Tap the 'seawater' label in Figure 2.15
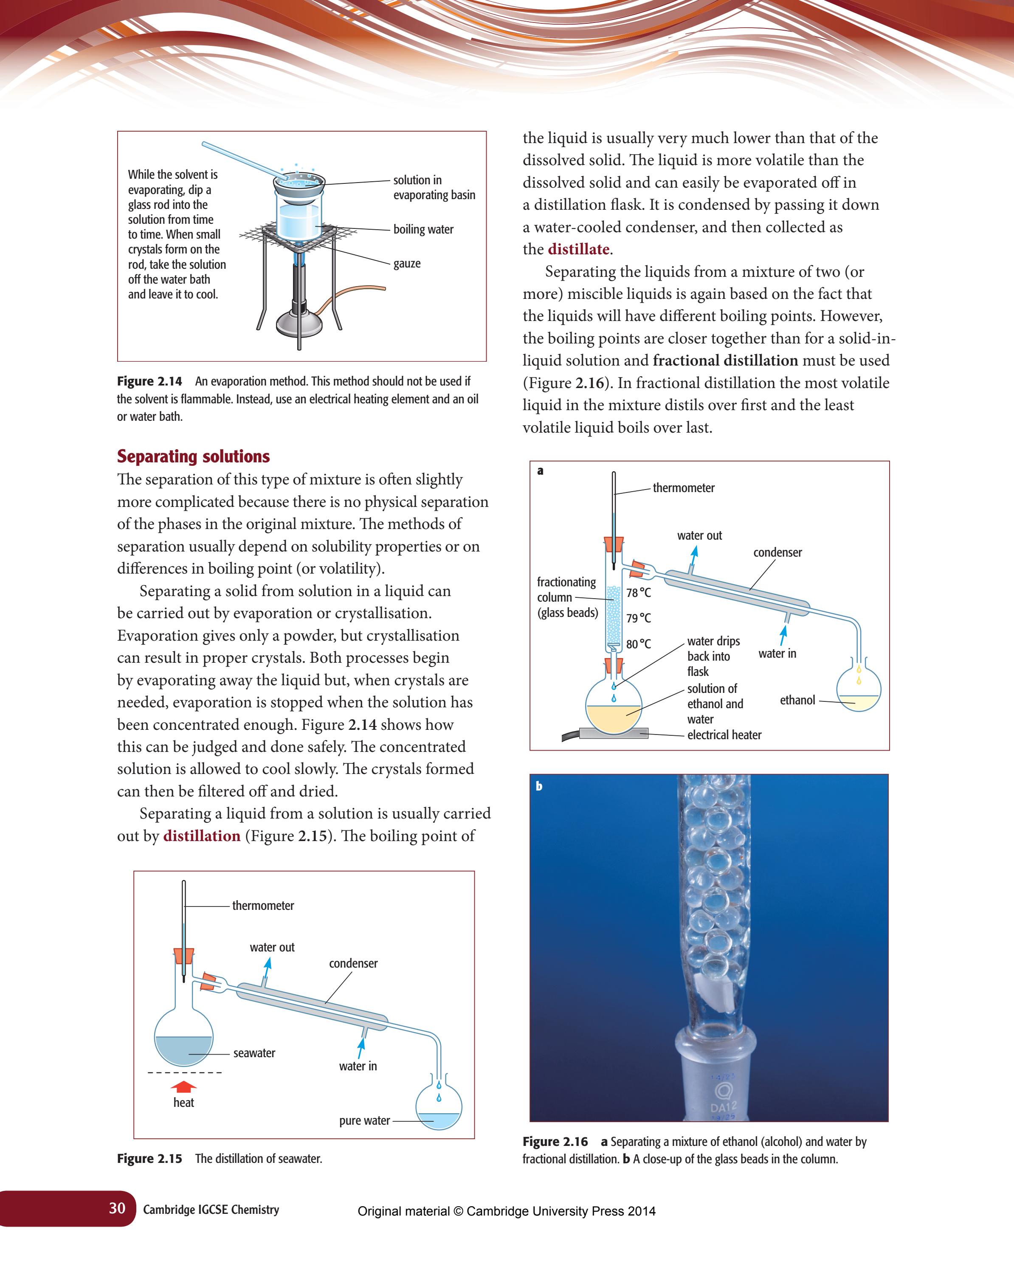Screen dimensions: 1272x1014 [x=254, y=1053]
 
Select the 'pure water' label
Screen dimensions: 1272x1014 [x=364, y=1120]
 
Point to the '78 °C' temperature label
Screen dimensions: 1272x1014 [x=639, y=592]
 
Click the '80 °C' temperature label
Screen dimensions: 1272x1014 [x=639, y=644]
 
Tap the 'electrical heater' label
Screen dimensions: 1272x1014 [x=724, y=734]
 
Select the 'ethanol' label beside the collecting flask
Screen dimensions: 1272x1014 [x=797, y=700]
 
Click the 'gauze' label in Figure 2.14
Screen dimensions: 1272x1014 [x=407, y=263]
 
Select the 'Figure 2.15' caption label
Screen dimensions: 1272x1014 [x=149, y=1158]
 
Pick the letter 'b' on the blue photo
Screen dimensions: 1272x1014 [x=539, y=786]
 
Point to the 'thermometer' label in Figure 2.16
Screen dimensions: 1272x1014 [x=684, y=488]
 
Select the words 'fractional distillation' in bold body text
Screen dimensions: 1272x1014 [x=725, y=360]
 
